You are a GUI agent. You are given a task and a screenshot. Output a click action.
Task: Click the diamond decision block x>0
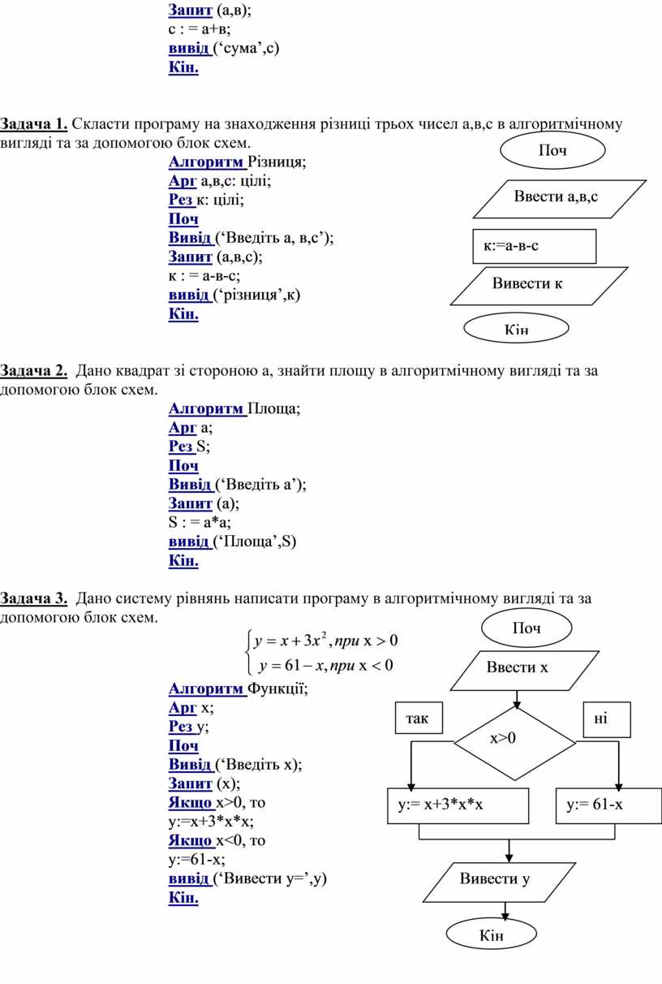tap(514, 743)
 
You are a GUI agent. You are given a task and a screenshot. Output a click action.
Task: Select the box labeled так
tap(419, 718)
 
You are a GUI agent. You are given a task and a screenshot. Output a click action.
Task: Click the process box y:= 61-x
tap(608, 806)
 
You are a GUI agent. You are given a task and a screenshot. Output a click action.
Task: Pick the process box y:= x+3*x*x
tap(458, 806)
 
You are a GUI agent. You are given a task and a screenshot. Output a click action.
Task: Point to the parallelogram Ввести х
tap(525, 671)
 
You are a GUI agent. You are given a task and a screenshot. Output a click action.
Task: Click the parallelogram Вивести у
tap(499, 883)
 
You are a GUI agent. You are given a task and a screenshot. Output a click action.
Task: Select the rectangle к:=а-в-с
tap(535, 247)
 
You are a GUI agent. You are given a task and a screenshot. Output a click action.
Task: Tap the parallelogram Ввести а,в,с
tap(559, 199)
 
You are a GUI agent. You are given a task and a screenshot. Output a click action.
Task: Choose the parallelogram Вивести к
tap(539, 286)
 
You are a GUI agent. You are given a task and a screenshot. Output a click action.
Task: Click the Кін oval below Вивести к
tap(516, 328)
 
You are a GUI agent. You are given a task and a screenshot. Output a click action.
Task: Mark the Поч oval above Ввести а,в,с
tap(552, 150)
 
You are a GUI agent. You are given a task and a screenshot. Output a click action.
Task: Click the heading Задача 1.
tap(34, 124)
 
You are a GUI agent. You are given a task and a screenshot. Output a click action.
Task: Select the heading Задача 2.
tap(34, 371)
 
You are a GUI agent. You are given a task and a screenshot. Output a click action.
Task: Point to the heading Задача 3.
tap(34, 598)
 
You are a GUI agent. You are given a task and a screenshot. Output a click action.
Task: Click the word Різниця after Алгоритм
tap(277, 163)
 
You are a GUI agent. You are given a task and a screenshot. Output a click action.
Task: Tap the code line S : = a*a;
tap(200, 522)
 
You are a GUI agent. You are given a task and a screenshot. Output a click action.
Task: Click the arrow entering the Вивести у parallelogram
tap(509, 852)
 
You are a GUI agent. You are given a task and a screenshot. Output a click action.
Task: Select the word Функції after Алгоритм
tap(277, 688)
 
